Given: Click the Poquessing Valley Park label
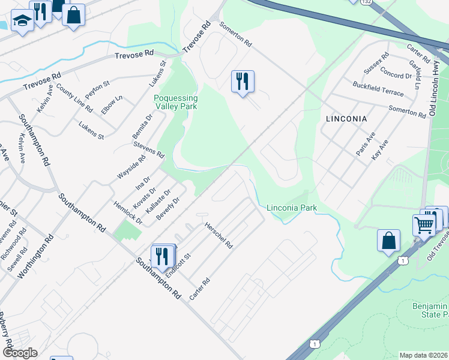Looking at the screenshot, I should (x=176, y=101).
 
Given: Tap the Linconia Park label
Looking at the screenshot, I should (x=292, y=208).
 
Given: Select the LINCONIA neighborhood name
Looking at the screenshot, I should (x=346, y=119).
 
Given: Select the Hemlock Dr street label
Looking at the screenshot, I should (x=128, y=212).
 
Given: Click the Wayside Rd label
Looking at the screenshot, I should (x=131, y=167).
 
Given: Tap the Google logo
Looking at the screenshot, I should (x=19, y=353).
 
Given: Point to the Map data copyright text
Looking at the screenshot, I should (x=424, y=355).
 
